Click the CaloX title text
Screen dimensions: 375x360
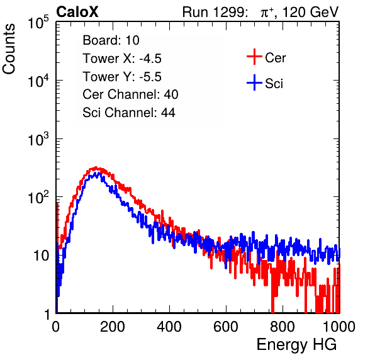coord(77,12)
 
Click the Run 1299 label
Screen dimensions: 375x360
coord(215,12)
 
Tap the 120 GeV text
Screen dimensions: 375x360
coord(311,12)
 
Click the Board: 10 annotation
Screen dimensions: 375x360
coord(111,40)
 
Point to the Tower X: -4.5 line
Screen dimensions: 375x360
coord(122,59)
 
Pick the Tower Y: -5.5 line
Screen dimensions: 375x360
coord(122,77)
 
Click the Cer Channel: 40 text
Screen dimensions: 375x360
coord(130,94)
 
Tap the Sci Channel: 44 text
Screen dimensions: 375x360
coord(129,113)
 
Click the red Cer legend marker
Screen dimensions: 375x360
coord(254,57)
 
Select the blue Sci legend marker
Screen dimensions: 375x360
coord(254,82)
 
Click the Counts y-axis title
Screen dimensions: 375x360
coord(9,49)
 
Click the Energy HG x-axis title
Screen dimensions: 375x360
coord(296,345)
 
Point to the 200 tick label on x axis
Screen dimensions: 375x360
coord(113,327)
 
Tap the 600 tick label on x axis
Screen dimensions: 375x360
coord(226,327)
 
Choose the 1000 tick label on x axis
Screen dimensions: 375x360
coord(339,327)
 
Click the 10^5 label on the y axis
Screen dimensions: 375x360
coord(38,23)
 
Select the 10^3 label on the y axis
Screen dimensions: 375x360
coord(38,139)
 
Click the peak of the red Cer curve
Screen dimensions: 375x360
coord(96,167)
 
